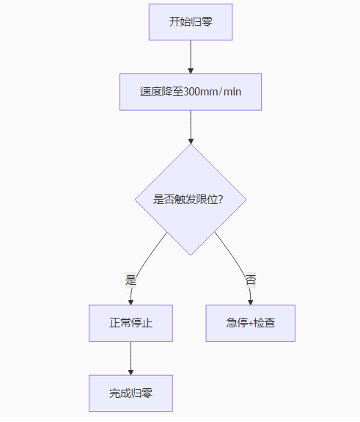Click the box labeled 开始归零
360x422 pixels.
[191, 22]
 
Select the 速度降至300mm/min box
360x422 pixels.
[191, 92]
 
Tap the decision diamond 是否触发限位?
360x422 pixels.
[191, 200]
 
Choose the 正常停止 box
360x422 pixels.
[131, 323]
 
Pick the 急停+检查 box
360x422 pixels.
[251, 323]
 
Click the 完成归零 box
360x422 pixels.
[131, 393]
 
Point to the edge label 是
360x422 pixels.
[131, 280]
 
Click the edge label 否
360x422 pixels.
[251, 280]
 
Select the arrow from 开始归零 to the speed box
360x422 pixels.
[191, 57]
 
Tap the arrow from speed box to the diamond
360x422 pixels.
[191, 127]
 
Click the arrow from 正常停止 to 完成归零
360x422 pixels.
[131, 358]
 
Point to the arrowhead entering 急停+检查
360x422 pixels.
[250, 302]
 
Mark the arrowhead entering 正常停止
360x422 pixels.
[131, 302]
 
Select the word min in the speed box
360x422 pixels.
[232, 92]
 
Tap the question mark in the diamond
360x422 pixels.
[221, 200]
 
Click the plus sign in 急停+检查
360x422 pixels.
[250, 323]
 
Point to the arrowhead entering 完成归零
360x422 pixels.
[131, 373]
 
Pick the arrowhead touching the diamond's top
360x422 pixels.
[191, 142]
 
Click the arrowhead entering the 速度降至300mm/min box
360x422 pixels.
[191, 71]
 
